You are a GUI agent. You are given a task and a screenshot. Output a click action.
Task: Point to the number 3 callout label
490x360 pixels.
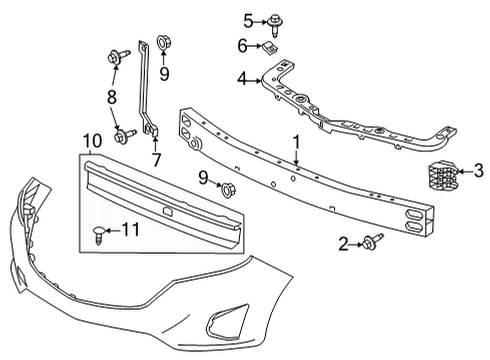[x=479, y=171]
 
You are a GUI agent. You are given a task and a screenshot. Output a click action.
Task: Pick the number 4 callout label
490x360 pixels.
[x=242, y=79]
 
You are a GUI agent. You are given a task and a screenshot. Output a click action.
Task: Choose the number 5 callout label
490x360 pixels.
[x=249, y=19]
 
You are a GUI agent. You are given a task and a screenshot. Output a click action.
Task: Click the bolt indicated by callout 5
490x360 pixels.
[x=276, y=20]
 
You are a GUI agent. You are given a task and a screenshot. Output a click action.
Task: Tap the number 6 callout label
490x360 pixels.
[x=243, y=46]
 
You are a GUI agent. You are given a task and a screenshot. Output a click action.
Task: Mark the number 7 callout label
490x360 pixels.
[x=155, y=160]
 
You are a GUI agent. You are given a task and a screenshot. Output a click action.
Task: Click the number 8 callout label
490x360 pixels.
[x=112, y=96]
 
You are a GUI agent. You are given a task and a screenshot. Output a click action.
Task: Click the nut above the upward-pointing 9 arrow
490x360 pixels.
[x=165, y=43]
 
